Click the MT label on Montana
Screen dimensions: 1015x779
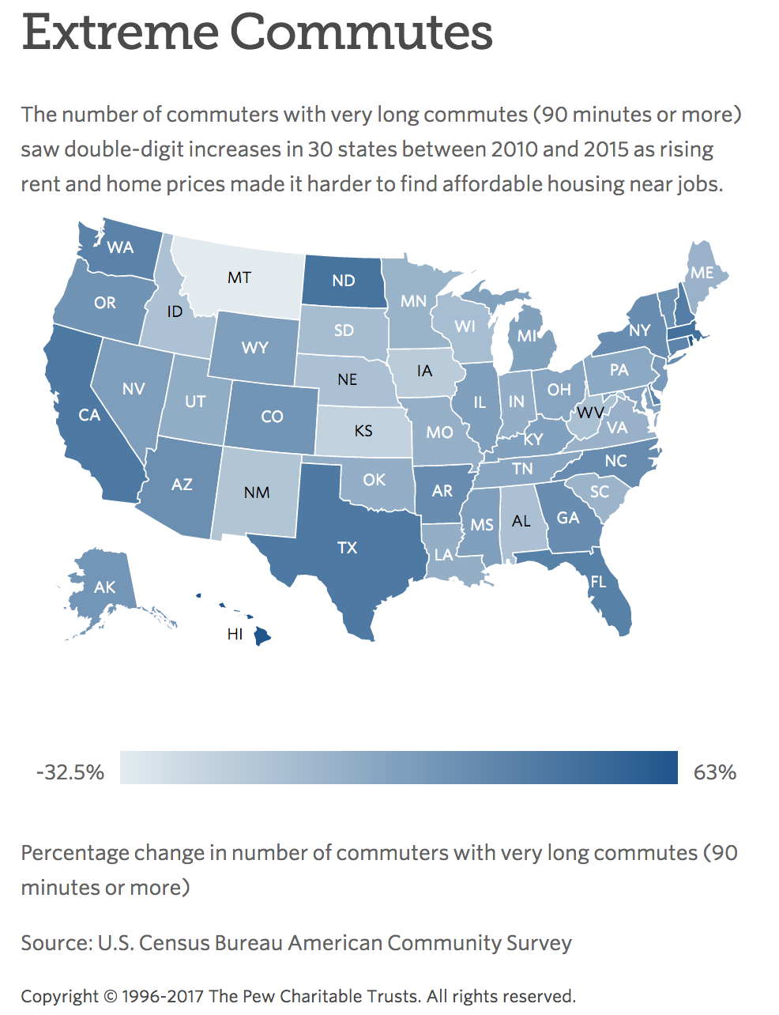[239, 277]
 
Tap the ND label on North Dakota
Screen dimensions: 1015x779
[344, 280]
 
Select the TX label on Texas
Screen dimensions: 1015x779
[347, 547]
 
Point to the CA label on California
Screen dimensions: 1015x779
[89, 415]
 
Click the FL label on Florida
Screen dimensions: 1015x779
[598, 582]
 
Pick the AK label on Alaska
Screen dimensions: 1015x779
[104, 587]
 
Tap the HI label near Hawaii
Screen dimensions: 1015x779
[235, 634]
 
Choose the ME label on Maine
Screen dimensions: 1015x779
[702, 273]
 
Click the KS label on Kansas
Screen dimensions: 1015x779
[363, 431]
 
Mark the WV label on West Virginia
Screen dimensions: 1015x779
[589, 413]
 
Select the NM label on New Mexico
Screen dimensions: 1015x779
[257, 492]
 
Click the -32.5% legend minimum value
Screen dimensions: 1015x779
[70, 772]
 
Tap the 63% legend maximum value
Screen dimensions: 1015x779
[714, 772]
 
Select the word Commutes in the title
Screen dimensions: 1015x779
[361, 33]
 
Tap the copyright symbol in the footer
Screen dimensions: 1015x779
[111, 996]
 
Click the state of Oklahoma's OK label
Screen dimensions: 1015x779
[374, 480]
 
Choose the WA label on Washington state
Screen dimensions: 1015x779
[120, 247]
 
